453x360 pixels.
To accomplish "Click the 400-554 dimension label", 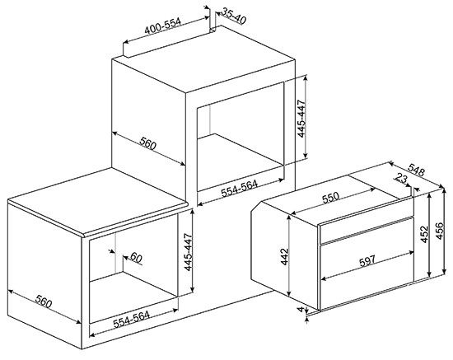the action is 162,26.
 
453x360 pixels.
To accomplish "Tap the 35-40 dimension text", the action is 234,16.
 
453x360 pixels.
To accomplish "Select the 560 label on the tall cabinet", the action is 147,143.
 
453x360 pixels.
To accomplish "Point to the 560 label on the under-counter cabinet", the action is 44,302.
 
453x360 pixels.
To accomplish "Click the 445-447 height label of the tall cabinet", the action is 301,119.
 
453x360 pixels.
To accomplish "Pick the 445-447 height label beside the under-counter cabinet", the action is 188,252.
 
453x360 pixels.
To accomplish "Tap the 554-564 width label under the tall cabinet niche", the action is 239,189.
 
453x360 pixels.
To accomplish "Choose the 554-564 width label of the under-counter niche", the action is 131,319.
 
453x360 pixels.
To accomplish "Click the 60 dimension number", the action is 136,258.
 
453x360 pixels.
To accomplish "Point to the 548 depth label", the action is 416,170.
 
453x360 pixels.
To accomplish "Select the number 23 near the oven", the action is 401,178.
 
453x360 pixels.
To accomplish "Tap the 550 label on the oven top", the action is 330,198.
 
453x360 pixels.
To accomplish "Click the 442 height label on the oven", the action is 285,256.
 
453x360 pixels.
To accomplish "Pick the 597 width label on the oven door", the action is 367,260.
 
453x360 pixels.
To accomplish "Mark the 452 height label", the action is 424,234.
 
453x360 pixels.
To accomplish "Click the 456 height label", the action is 439,231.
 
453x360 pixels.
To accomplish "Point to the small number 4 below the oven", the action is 301,310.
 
